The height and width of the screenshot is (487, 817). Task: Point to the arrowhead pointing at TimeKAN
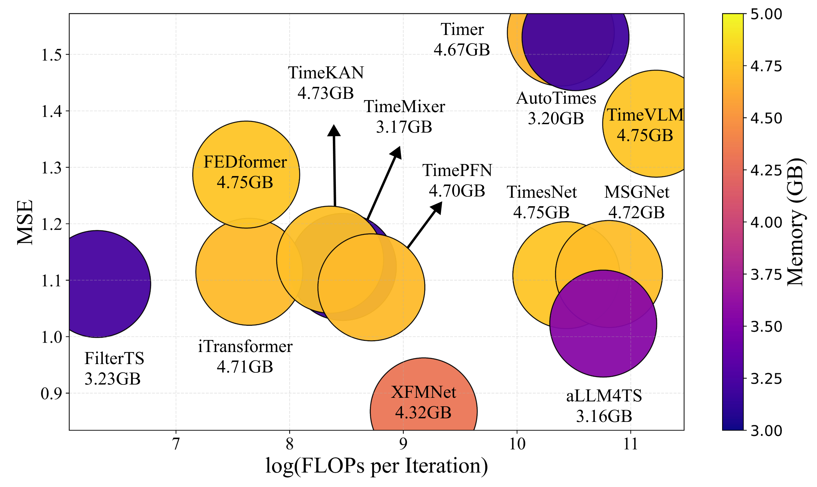[334, 130]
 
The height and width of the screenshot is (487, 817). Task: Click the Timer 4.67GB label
[462, 40]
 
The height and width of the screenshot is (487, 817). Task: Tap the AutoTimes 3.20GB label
[556, 108]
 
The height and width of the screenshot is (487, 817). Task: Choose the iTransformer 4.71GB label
[245, 357]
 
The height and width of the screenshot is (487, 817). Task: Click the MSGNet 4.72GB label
[637, 202]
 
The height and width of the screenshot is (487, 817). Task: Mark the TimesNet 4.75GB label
[541, 202]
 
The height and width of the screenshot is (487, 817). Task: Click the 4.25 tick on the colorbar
[766, 170]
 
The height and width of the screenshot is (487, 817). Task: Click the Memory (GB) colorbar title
[796, 222]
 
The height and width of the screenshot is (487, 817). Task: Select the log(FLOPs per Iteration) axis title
[377, 466]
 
